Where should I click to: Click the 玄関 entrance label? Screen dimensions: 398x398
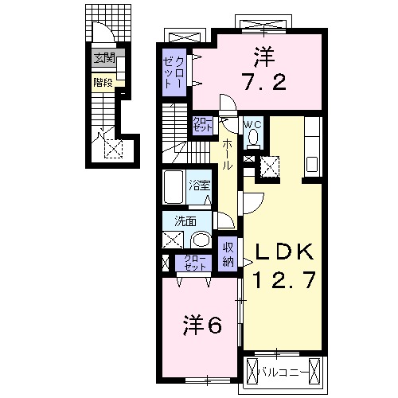coord(103,57)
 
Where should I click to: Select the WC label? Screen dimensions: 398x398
coord(253,124)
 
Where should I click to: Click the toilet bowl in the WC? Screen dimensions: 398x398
coord(253,139)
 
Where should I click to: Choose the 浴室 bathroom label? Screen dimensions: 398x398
coord(199,187)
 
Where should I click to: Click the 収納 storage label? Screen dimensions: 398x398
coord(228,254)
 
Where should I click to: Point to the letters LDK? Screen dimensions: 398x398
coord(286,253)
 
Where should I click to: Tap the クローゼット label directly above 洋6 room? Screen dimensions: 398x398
coord(194,263)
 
